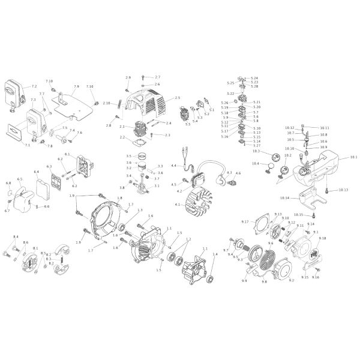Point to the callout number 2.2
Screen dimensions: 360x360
click(122, 137)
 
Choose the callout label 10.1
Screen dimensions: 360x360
click(353, 157)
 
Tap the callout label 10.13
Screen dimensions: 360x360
click(343, 190)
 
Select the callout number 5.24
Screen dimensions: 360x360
click(254, 79)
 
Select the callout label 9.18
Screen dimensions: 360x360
click(323, 238)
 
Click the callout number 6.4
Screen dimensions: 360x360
click(37, 172)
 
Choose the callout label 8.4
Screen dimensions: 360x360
click(16, 237)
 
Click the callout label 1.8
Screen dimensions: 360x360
click(120, 198)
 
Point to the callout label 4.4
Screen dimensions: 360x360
click(173, 166)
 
